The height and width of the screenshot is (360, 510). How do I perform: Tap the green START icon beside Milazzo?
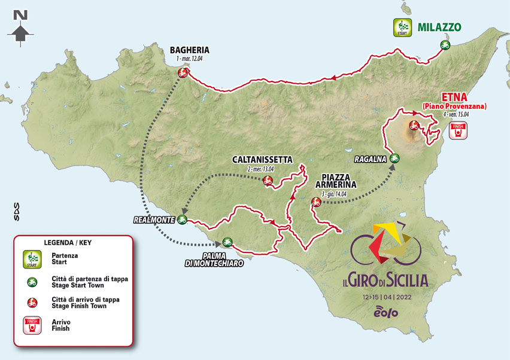point(400,28)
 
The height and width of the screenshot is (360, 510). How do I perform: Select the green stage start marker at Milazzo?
point(445,44)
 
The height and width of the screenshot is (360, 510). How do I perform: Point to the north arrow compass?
point(20,28)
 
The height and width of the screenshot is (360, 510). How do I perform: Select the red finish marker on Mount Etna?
point(413,126)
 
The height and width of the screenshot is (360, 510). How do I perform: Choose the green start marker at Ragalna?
point(394,158)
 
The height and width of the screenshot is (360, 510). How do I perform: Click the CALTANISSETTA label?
point(263,160)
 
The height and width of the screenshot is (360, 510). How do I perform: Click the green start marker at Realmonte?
point(182,220)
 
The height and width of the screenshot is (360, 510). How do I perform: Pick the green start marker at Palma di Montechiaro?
point(227,242)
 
